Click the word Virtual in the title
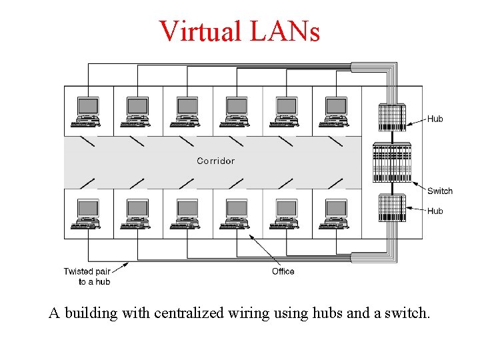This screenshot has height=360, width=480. (x=201, y=31)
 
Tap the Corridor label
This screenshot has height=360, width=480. (x=215, y=161)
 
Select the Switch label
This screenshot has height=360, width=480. (x=439, y=191)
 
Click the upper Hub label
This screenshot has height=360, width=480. (x=435, y=119)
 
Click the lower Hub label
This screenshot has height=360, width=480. (x=435, y=211)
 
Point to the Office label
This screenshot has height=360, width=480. (x=283, y=271)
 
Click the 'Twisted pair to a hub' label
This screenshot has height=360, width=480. (x=87, y=276)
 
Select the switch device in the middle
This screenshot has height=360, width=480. (x=392, y=163)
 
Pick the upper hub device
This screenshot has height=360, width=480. (x=392, y=117)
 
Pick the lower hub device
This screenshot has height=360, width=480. (x=392, y=208)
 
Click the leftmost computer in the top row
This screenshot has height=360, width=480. (x=87, y=112)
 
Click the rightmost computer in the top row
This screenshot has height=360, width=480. (x=335, y=112)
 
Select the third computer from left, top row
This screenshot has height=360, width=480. (x=187, y=112)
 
